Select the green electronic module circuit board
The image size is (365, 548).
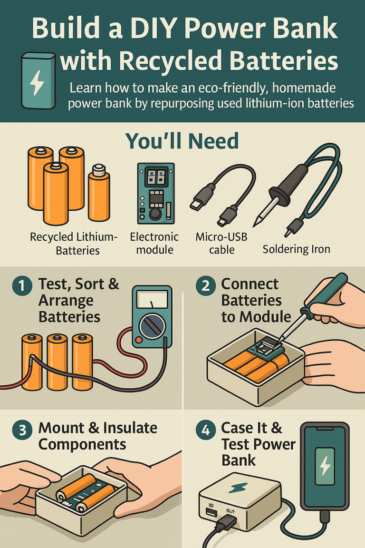coord(155,193)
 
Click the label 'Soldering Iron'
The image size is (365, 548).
coord(296,249)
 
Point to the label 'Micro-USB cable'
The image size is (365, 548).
coord(221,243)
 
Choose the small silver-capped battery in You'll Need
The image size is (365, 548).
coord(99,190)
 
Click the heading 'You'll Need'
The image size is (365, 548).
coord(182,141)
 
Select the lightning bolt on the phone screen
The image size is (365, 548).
coord(326,465)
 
